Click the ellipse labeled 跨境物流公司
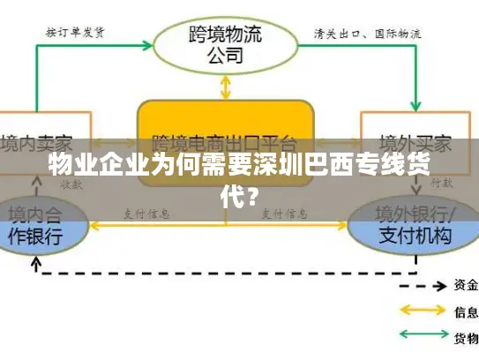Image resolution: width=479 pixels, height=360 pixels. (225, 41)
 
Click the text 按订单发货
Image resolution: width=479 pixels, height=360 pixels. (76, 33)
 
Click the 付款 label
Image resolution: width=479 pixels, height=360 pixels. (443, 184)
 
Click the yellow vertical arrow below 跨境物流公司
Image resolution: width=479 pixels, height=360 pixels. (226, 86)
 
